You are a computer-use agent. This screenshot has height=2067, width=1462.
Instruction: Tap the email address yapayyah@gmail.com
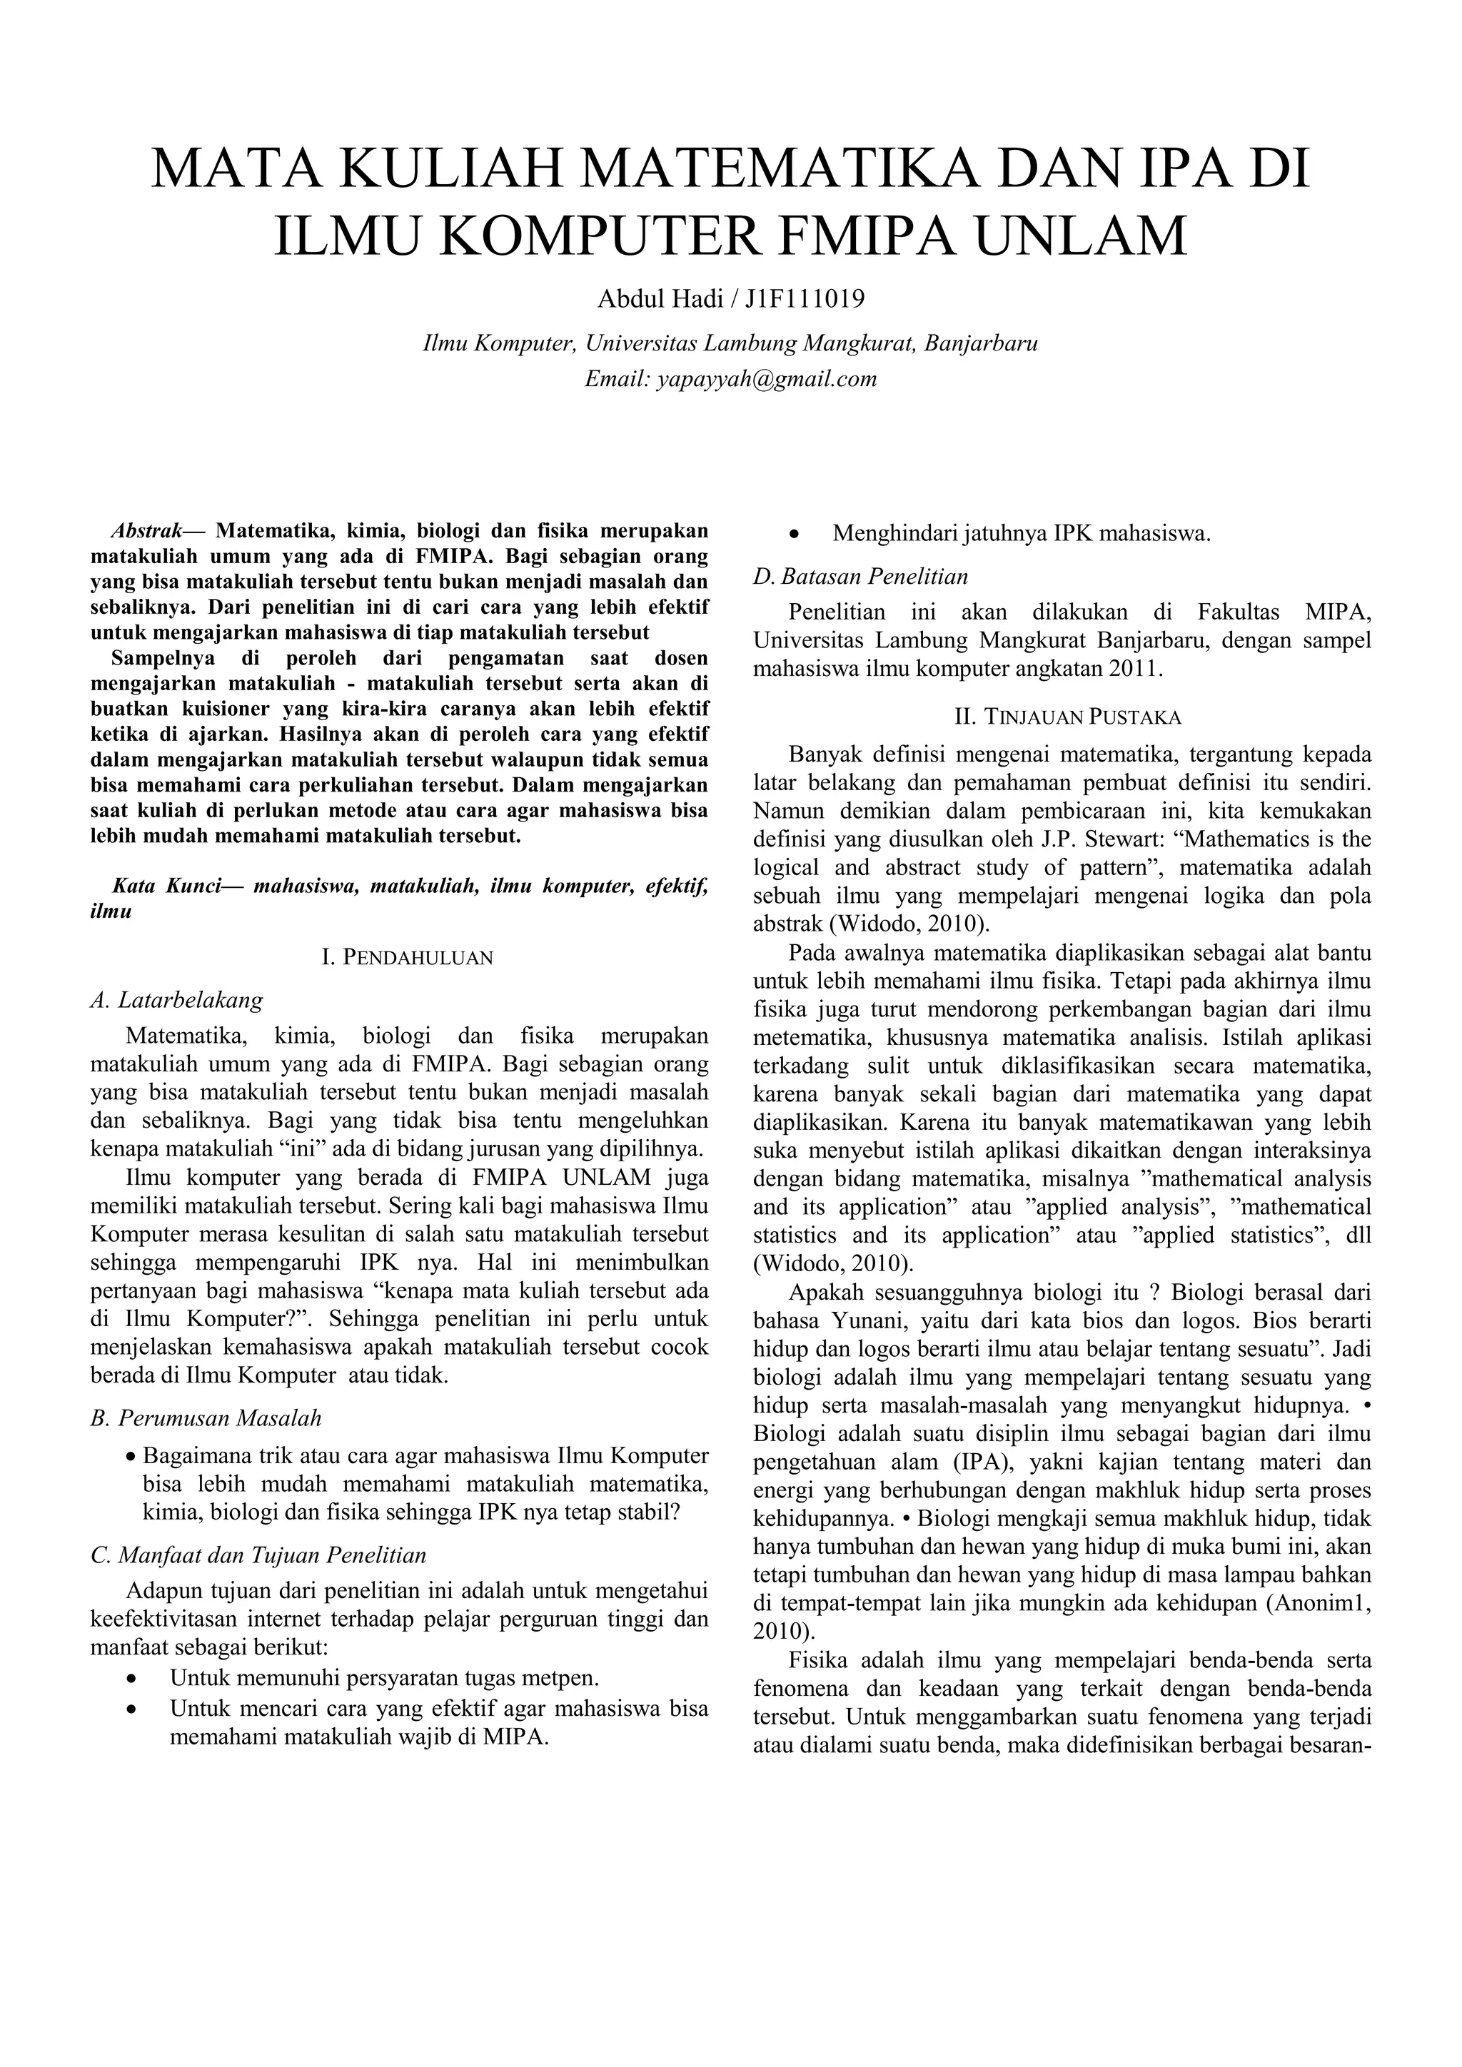pyautogui.click(x=766, y=379)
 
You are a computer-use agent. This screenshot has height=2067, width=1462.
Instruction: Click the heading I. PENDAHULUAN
pyautogui.click(x=407, y=957)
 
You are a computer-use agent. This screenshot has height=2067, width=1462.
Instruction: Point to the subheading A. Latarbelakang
pyautogui.click(x=177, y=999)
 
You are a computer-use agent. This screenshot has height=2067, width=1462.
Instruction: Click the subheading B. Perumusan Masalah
pyautogui.click(x=206, y=1418)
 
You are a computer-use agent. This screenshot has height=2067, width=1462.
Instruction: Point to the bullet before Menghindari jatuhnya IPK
pyautogui.click(x=794, y=535)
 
